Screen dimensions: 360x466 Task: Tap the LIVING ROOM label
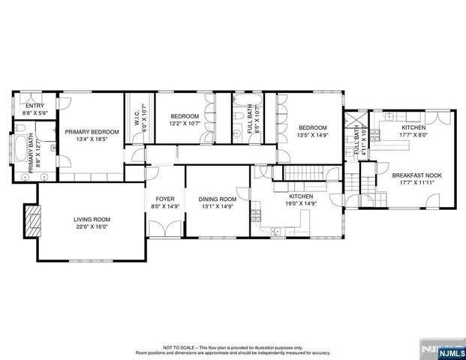[x=92, y=220]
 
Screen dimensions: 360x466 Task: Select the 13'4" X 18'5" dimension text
[x=92, y=139]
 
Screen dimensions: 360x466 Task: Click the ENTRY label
[x=35, y=106]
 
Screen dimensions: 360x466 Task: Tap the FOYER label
[x=164, y=199]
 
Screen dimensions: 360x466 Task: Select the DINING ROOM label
[x=218, y=199]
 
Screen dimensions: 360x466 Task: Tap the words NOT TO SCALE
[x=181, y=347]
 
